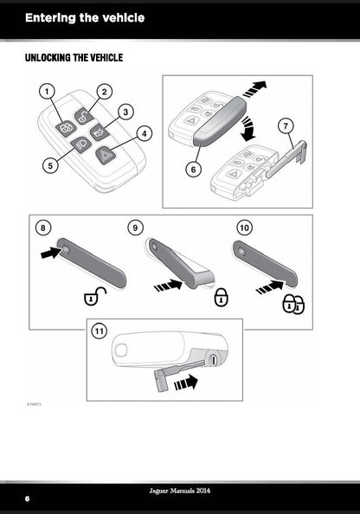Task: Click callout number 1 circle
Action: [48, 92]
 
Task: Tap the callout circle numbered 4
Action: [144, 133]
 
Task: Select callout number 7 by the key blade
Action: [286, 125]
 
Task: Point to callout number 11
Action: [99, 331]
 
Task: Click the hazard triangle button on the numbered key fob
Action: [106, 154]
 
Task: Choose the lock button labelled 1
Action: [65, 129]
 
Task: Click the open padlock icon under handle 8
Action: [95, 296]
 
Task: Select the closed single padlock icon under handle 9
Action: [222, 297]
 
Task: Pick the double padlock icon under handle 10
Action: [293, 305]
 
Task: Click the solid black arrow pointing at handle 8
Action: [51, 253]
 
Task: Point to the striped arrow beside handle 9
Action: [168, 286]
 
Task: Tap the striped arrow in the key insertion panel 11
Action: [186, 382]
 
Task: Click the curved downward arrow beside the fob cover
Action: [247, 128]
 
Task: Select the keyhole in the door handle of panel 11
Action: [213, 360]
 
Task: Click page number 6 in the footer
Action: [27, 498]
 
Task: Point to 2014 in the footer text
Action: [202, 491]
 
